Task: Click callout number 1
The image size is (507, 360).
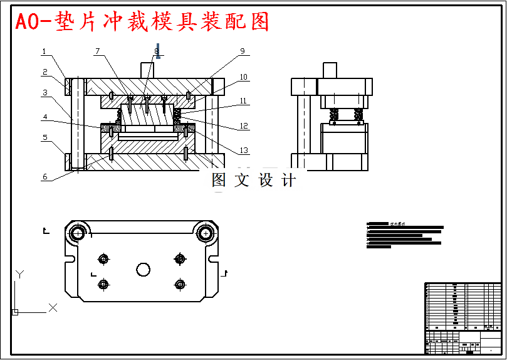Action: click(x=44, y=51)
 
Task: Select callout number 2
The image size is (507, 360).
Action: click(x=44, y=72)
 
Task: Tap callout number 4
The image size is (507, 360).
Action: click(x=44, y=117)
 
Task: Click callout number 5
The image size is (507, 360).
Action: click(x=44, y=137)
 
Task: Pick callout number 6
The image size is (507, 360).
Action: click(x=44, y=177)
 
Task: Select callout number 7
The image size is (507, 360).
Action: click(x=97, y=51)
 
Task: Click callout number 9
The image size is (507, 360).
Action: click(x=242, y=51)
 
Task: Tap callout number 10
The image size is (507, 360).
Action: click(x=243, y=78)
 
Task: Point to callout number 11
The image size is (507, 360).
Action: click(x=243, y=100)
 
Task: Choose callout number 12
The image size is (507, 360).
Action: click(x=243, y=126)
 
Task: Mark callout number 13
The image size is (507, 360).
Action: click(x=243, y=151)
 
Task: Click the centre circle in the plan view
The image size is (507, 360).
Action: click(x=143, y=270)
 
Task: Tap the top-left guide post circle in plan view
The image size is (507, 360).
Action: click(x=78, y=234)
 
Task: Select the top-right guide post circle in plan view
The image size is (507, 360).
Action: click(x=205, y=234)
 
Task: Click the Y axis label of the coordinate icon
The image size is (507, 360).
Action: click(x=19, y=274)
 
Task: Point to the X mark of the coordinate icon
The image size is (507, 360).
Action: click(x=53, y=307)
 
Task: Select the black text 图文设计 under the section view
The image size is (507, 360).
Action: click(x=254, y=181)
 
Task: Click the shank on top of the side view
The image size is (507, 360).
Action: click(x=330, y=70)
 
